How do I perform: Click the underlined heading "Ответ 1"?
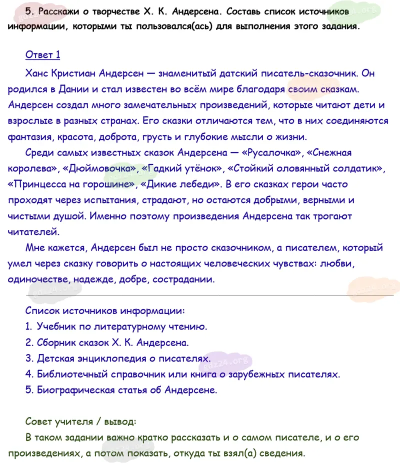pyautogui.click(x=42, y=55)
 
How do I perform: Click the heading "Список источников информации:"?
pyautogui.click(x=105, y=310)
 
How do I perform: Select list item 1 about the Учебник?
pyautogui.click(x=116, y=326)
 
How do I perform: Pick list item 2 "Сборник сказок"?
pyautogui.click(x=107, y=342)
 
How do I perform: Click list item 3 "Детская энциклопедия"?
pyautogui.click(x=118, y=358)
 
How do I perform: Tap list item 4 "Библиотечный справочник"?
pyautogui.click(x=182, y=374)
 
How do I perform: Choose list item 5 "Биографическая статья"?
pyautogui.click(x=121, y=390)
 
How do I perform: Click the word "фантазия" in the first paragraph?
pyautogui.click(x=31, y=136)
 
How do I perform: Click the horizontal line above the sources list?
pyautogui.click(x=200, y=295)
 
